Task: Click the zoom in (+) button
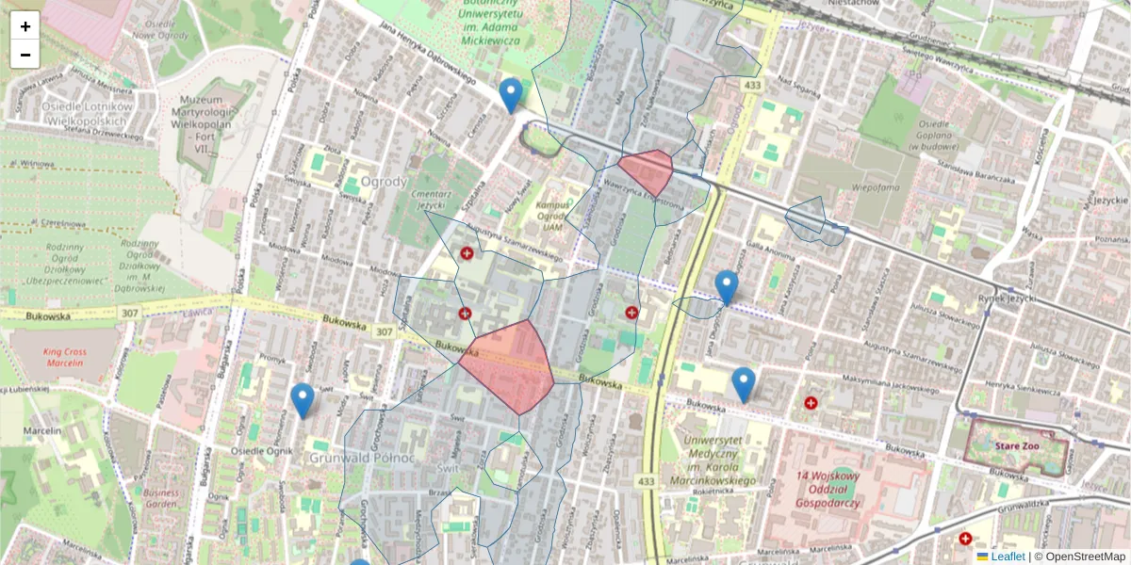tap(25, 25)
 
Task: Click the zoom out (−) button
tap(25, 55)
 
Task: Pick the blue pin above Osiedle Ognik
tap(303, 400)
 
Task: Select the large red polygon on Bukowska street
tap(509, 365)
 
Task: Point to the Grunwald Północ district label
tap(362, 458)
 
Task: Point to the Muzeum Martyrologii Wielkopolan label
tap(211, 115)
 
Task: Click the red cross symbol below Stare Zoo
tap(965, 539)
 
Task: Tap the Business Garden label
tap(161, 497)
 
